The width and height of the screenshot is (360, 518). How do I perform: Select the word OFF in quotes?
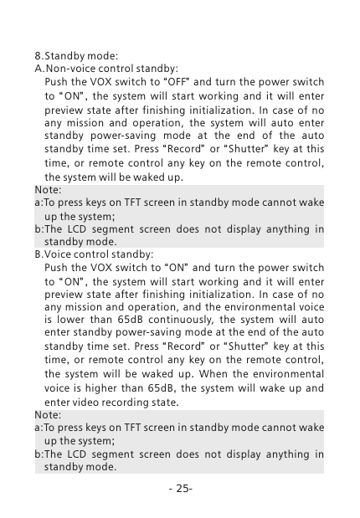(x=159, y=84)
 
